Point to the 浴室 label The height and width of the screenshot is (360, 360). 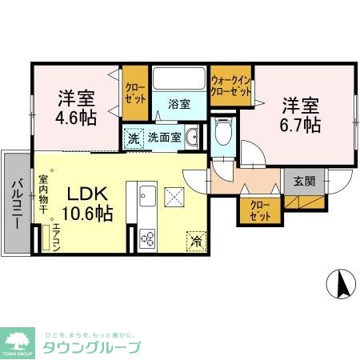[x=179, y=104]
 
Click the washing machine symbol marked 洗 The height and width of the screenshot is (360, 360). [x=134, y=137]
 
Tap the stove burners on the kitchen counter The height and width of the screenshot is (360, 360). [x=147, y=238]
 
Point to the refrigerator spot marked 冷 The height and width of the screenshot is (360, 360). [x=194, y=238]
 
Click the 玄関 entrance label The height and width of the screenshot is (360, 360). [x=304, y=182]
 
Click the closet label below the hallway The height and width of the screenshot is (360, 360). [x=258, y=210]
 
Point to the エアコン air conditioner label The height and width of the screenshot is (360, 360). [x=55, y=236]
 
